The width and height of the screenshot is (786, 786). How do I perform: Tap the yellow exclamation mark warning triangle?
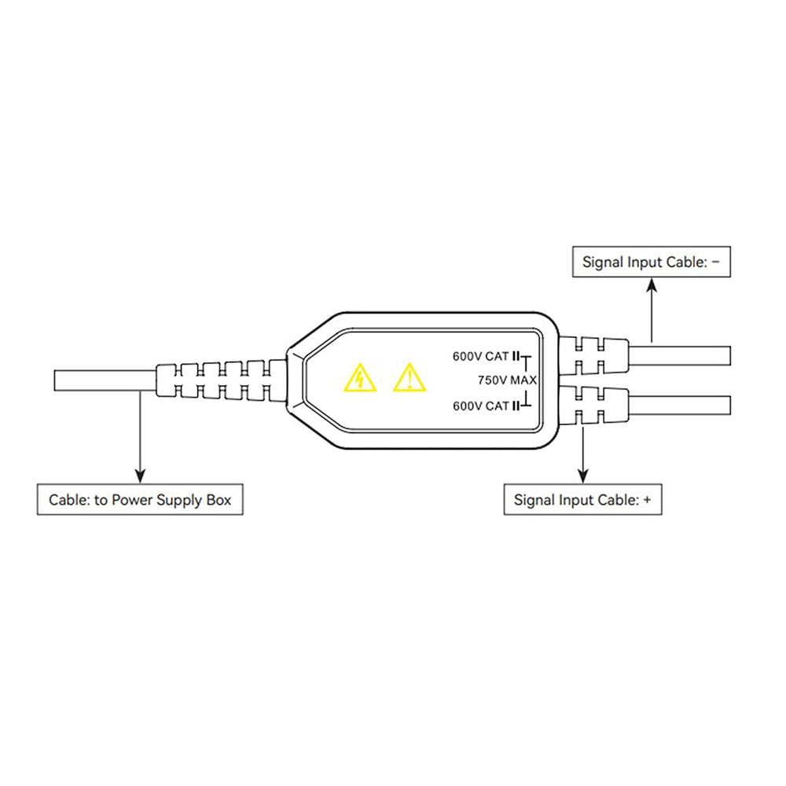(x=409, y=379)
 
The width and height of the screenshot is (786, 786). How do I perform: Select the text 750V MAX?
(x=507, y=380)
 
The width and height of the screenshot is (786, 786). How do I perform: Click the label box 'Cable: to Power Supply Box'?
(x=140, y=500)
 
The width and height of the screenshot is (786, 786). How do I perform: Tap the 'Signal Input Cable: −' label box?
(x=651, y=262)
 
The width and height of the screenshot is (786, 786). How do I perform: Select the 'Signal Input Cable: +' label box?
(x=582, y=499)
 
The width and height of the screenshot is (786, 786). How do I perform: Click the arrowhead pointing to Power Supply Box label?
(x=140, y=476)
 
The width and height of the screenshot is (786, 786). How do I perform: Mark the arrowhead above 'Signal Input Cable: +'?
(x=582, y=475)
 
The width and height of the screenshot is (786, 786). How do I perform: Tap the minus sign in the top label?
(x=715, y=262)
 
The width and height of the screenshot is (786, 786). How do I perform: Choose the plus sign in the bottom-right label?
(x=646, y=499)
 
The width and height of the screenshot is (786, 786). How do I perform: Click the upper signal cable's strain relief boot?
(x=593, y=355)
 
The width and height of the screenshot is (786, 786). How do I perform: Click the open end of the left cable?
(x=55, y=380)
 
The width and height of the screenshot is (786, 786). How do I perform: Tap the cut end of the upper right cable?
(x=729, y=355)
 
